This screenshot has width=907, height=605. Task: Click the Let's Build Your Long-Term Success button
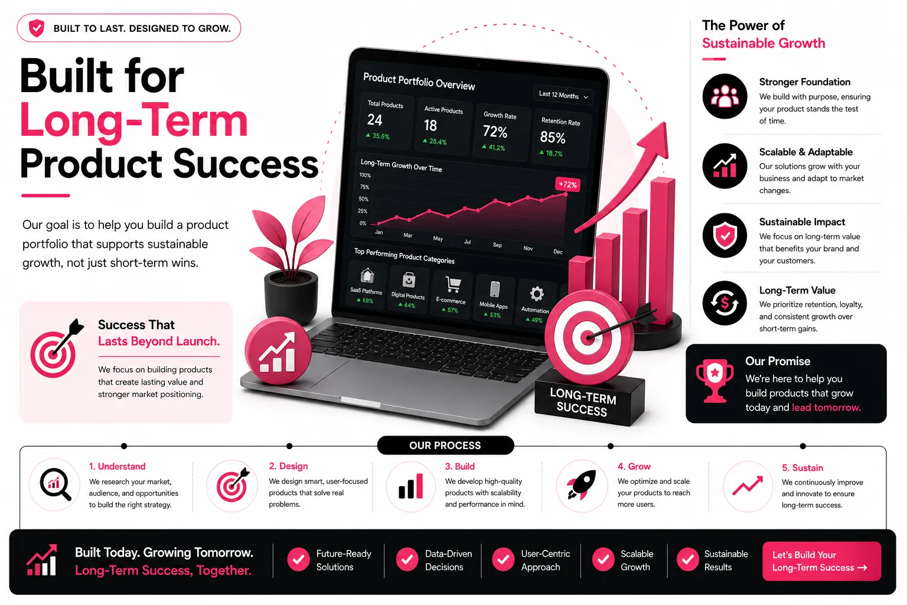tap(821, 561)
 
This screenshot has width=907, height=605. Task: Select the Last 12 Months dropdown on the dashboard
tap(563, 96)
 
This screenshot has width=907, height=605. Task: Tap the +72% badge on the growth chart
tap(567, 184)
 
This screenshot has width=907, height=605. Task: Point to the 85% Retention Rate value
tap(552, 138)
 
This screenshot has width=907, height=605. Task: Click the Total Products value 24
tap(374, 119)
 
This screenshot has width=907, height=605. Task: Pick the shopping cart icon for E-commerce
tap(453, 284)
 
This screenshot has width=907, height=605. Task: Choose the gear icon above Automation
tap(537, 294)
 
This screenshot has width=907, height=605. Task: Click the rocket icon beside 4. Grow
tap(582, 484)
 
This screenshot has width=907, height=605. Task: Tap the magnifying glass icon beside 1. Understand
tap(55, 484)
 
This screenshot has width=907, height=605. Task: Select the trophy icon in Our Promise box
tap(714, 380)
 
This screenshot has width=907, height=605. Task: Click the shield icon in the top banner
tap(37, 28)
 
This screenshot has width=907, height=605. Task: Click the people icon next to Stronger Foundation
tap(725, 96)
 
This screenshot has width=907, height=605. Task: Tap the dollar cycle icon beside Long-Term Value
tap(725, 303)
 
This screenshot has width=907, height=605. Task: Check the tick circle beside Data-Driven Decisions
tap(407, 560)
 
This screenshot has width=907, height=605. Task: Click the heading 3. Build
tap(459, 466)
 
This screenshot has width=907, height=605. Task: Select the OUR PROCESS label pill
tap(445, 445)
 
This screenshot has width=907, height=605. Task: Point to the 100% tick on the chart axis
tap(365, 175)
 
